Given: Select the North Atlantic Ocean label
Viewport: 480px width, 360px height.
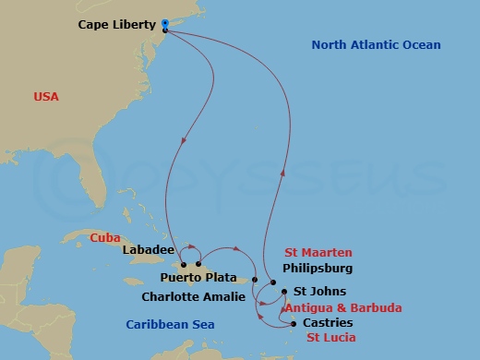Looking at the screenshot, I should tap(376, 44).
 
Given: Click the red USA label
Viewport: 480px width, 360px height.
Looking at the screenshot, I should tap(46, 96).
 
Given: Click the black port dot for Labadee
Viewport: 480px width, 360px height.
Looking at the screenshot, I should tap(185, 265).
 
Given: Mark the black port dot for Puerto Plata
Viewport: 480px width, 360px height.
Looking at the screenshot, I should tap(198, 265).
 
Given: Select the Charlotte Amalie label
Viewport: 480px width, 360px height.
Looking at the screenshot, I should tap(193, 297).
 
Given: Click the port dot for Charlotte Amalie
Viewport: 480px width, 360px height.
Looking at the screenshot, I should tap(254, 279).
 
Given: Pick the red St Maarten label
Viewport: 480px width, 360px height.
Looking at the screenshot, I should tap(318, 253).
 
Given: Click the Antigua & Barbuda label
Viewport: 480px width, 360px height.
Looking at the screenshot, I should tap(342, 308).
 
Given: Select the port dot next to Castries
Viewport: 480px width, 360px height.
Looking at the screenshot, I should tap(294, 323).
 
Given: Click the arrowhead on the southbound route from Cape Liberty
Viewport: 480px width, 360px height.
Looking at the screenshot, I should tap(185, 141).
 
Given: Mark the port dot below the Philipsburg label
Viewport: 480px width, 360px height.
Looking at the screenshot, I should tap(273, 282).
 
